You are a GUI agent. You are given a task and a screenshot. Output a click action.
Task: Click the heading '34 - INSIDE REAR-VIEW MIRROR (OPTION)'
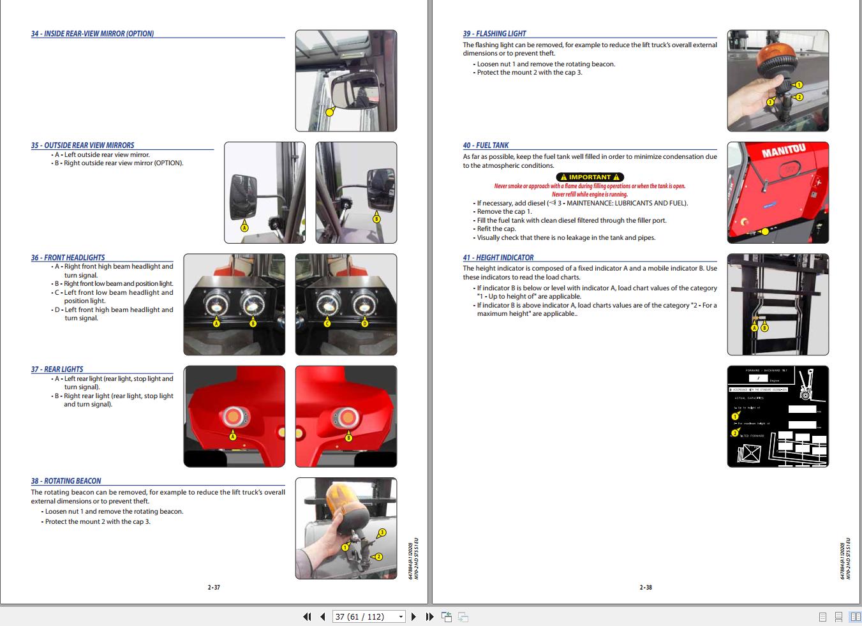pos(93,34)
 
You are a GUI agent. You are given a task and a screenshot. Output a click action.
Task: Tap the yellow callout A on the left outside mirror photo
pos(244,227)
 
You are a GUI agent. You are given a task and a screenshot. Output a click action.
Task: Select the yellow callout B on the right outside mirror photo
pos(376,219)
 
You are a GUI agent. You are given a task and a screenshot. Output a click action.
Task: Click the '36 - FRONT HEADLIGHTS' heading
pos(68,258)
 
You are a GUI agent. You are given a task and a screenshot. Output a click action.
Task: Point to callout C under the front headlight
pos(327,324)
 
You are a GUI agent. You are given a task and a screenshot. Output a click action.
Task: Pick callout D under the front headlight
pos(365,324)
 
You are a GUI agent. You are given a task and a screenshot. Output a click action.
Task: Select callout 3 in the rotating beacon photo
pos(382,532)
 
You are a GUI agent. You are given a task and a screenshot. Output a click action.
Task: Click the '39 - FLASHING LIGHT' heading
pos(494,34)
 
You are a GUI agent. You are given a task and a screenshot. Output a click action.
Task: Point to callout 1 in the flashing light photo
pos(798,85)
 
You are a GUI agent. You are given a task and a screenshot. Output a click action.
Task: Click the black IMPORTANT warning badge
pos(590,177)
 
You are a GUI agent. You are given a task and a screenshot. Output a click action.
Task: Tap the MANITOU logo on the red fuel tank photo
pos(784,151)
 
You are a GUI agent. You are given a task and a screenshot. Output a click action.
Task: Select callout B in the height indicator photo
pos(764,328)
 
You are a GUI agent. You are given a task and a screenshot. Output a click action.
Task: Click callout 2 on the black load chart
pos(734,433)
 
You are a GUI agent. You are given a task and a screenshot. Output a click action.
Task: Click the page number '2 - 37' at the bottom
pos(214,587)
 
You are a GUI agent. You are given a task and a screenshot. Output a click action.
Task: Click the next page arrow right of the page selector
pos(413,616)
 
